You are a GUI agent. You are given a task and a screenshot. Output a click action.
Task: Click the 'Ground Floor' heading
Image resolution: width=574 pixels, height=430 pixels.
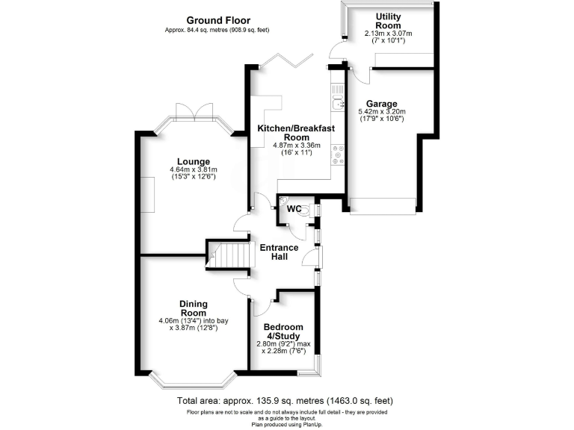(x=218, y=20)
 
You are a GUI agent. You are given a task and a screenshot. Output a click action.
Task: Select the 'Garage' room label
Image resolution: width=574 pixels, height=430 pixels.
(x=382, y=104)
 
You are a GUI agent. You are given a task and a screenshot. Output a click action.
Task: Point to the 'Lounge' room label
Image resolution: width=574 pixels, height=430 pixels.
(x=193, y=161)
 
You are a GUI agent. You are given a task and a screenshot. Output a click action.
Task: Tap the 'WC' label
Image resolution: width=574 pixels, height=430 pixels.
(x=294, y=209)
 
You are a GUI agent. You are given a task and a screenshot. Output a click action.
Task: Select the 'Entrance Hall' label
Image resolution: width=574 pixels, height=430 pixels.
(x=279, y=253)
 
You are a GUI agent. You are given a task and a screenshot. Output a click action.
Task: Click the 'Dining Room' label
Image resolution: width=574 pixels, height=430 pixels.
(x=193, y=308)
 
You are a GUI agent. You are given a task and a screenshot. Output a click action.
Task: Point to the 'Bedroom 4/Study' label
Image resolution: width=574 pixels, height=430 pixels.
(x=283, y=331)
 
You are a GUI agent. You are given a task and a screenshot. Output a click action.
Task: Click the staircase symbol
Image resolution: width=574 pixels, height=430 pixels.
(x=224, y=258)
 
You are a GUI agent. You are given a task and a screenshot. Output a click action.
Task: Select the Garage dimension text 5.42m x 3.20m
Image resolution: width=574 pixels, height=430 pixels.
(x=382, y=113)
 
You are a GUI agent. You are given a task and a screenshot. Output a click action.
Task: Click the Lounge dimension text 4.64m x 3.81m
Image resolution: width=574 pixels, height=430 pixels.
(x=193, y=170)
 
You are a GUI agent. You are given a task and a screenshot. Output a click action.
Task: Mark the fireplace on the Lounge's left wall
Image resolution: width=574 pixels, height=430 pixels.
(x=149, y=196)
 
